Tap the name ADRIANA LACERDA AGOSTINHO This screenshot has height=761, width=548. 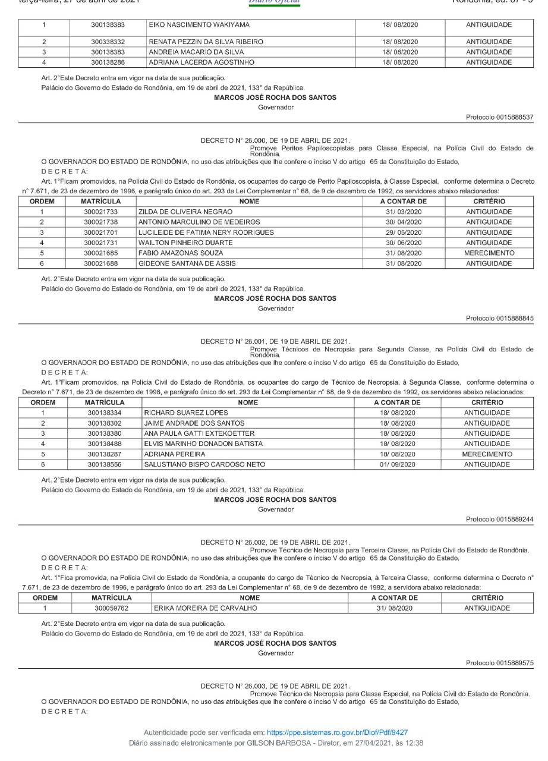pyautogui.click(x=202, y=61)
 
